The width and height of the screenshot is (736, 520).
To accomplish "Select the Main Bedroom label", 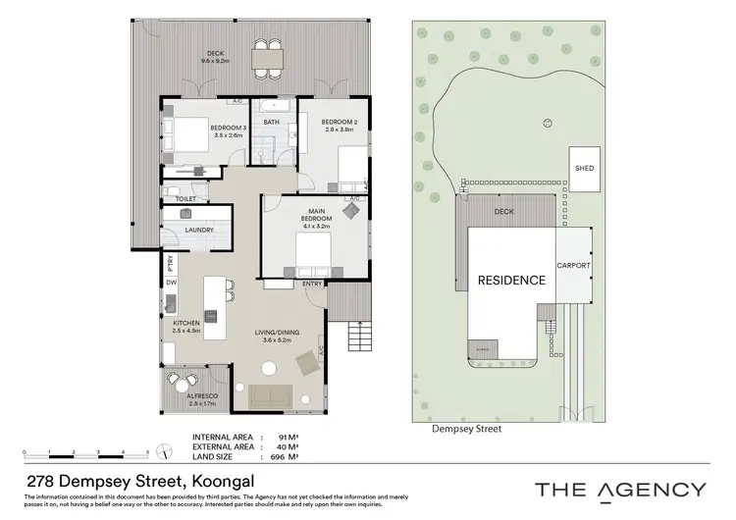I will [x=317, y=217].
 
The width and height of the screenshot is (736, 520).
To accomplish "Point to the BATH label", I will [x=272, y=123].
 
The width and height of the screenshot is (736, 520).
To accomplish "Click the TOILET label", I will [x=185, y=198].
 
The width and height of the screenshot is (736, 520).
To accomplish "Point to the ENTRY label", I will [x=313, y=285].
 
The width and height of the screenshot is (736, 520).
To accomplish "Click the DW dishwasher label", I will [x=171, y=283].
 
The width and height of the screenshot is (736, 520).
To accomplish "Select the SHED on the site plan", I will [x=584, y=168].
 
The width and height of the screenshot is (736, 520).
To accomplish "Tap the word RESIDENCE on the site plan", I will [x=510, y=281].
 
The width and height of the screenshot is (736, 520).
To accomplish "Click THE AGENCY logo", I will [x=619, y=490].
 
